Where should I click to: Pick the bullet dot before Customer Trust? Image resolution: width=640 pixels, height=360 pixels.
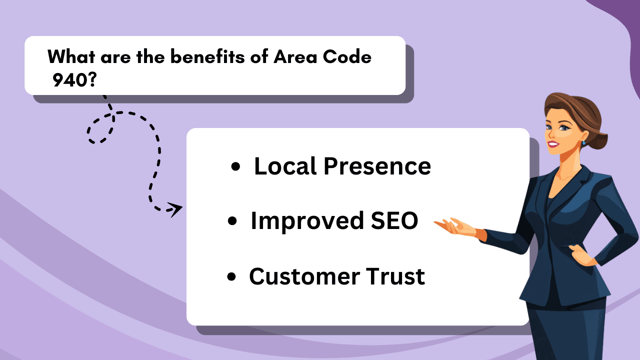pos(231,277)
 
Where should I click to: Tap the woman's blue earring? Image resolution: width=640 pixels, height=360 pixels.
pos(583,143)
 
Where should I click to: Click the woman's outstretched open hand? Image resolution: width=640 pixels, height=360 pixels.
pos(452,227)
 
